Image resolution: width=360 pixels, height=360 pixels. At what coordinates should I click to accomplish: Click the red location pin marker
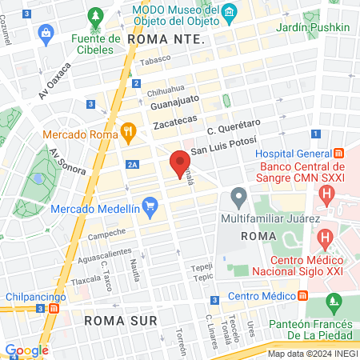click(180, 164)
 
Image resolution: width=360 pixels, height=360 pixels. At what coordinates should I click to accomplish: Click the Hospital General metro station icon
click(338, 153)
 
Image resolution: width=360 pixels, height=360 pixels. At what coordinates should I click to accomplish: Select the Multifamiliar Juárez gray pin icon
click(238, 196)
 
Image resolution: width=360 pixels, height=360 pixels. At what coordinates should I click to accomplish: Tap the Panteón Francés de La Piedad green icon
click(334, 303)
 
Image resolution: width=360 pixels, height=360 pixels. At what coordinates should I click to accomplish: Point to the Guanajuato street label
click(176, 102)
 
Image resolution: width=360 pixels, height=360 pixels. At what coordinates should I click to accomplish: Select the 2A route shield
click(133, 164)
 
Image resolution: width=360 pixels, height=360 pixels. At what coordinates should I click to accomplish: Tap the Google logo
click(26, 350)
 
